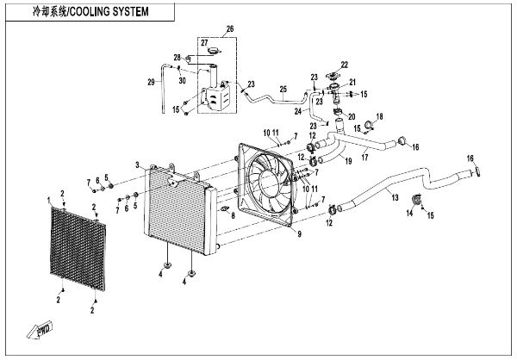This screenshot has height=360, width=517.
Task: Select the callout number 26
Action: click(x=230, y=29)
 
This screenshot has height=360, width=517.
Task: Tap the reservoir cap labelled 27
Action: click(x=215, y=51)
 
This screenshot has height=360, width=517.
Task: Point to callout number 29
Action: click(x=151, y=82)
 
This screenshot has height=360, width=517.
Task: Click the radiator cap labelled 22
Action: click(x=333, y=76)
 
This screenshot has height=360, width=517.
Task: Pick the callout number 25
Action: click(x=283, y=90)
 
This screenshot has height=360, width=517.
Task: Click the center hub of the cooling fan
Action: click(x=270, y=182)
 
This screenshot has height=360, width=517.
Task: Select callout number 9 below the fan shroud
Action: click(x=299, y=234)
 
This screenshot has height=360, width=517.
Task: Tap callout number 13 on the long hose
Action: click(x=395, y=197)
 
